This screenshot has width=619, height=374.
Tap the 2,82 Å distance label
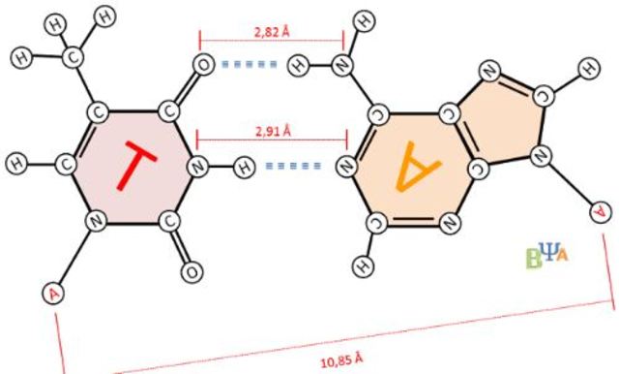[x=270, y=31]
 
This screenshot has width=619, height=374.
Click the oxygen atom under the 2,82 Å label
[x=201, y=65]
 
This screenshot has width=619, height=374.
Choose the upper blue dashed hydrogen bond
[x=250, y=65]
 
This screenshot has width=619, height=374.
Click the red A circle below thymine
[x=52, y=291]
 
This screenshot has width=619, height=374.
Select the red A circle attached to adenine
[x=601, y=209]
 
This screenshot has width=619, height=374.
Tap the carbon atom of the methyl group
[x=74, y=57]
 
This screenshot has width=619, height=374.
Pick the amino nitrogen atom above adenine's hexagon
[x=343, y=65]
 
